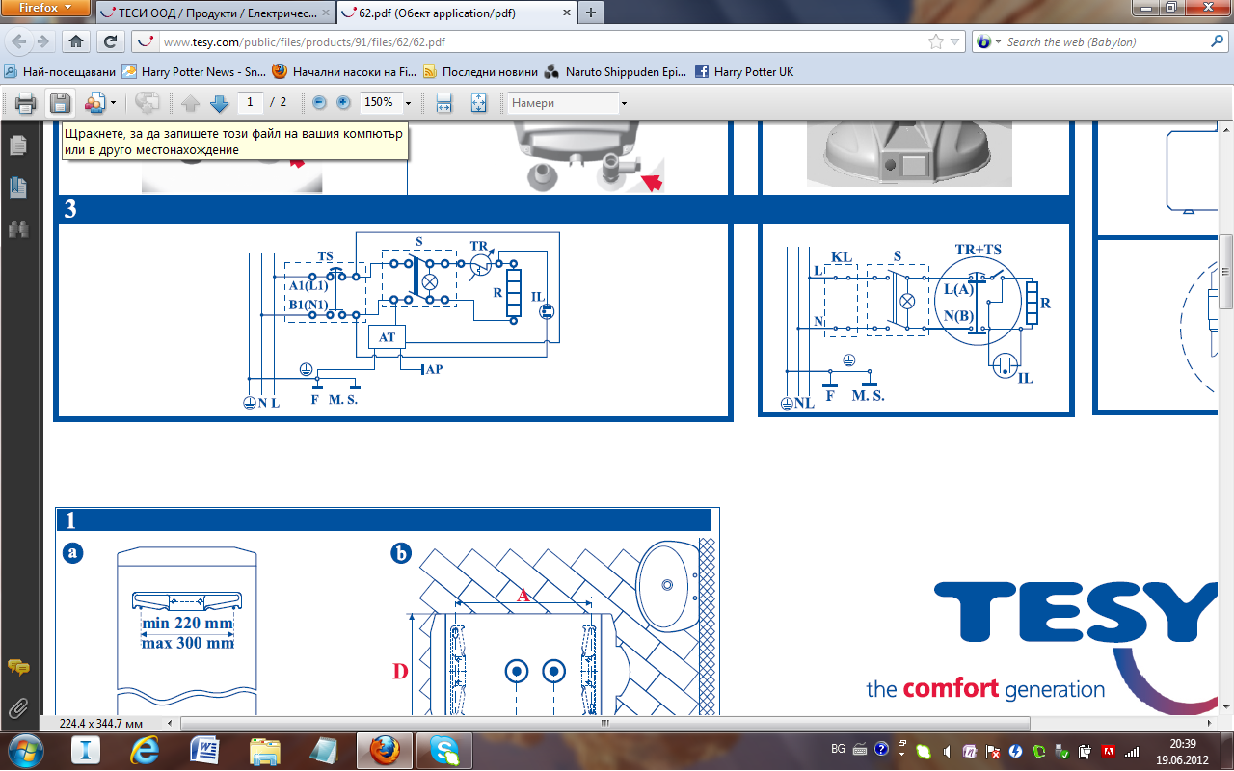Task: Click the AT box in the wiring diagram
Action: pyautogui.click(x=387, y=337)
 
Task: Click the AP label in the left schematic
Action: pyautogui.click(x=434, y=369)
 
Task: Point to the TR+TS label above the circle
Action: pyautogui.click(x=978, y=250)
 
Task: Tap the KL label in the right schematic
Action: pyautogui.click(x=842, y=256)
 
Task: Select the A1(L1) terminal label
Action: pyautogui.click(x=308, y=285)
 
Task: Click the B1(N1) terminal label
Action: pyautogui.click(x=308, y=305)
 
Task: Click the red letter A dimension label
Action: pyautogui.click(x=523, y=595)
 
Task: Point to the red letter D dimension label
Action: pyautogui.click(x=400, y=672)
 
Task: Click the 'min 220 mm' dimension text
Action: pyautogui.click(x=187, y=623)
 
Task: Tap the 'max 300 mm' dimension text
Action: pyautogui.click(x=188, y=643)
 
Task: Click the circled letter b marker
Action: pyautogui.click(x=401, y=553)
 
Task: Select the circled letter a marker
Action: pyautogui.click(x=72, y=552)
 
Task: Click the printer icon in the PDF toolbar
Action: pyautogui.click(x=25, y=103)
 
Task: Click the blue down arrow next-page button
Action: pyautogui.click(x=219, y=103)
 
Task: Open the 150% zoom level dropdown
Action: pyautogui.click(x=408, y=103)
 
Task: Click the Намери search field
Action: pyautogui.click(x=563, y=103)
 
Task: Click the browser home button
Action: pyautogui.click(x=76, y=41)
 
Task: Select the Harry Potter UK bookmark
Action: pyautogui.click(x=745, y=72)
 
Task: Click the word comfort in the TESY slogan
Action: pyautogui.click(x=951, y=689)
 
